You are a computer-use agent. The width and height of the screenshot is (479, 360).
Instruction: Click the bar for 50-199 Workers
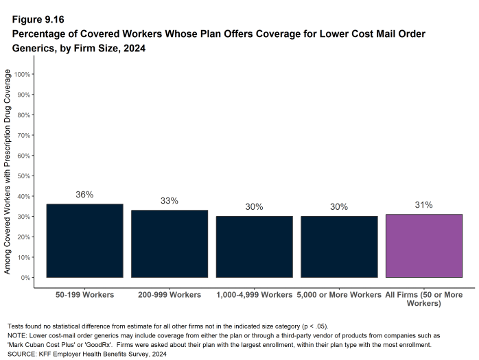tap(84, 241)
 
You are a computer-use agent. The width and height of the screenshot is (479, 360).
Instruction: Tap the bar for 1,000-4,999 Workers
tap(254, 247)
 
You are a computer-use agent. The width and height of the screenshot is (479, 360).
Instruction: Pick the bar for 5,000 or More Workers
tap(339, 247)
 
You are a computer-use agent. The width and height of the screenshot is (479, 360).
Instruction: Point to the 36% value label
tap(84, 195)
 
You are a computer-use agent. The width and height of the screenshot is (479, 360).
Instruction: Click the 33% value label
tap(170, 201)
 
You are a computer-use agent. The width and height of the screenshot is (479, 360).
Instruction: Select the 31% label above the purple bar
tap(424, 205)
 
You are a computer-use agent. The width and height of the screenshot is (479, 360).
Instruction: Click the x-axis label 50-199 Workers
tap(84, 295)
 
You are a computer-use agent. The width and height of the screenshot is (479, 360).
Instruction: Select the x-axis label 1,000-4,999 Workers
tap(254, 295)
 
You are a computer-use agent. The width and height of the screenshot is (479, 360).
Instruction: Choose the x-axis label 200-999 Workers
tap(170, 295)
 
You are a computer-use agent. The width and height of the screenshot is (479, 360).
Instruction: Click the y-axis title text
tap(8, 171)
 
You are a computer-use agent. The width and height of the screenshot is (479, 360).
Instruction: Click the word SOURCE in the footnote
tap(23, 355)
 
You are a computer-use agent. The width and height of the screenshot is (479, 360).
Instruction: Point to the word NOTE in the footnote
tap(17, 335)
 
